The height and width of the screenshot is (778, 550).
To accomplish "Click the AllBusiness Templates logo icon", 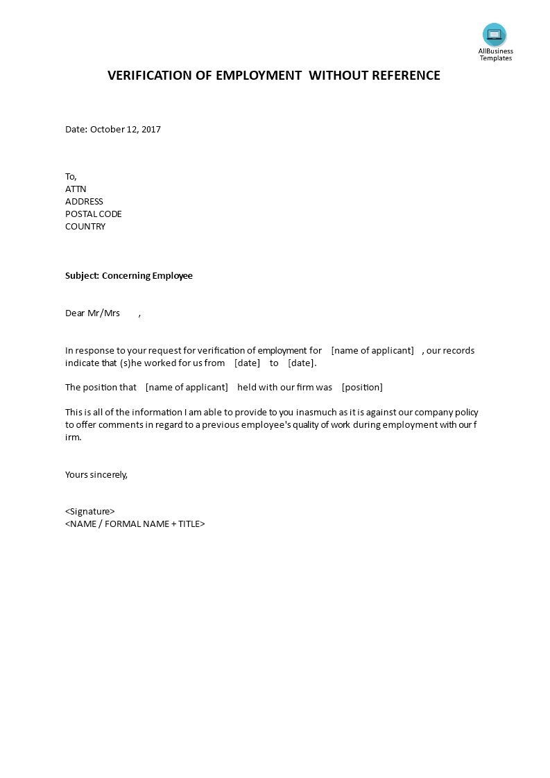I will coord(495,35).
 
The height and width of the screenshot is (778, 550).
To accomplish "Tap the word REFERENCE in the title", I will coord(402,76).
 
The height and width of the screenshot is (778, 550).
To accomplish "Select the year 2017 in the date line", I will coord(151,129).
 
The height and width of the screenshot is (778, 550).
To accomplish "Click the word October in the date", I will coord(108,129).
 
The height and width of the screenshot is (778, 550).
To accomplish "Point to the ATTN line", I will coord(76,189).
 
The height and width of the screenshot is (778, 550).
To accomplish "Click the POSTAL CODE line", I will coord(94,214).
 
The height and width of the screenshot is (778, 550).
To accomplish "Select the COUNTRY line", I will coord(85,226).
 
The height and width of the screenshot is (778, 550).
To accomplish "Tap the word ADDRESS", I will coord(84,201).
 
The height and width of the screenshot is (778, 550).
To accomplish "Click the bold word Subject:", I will coord(83,275).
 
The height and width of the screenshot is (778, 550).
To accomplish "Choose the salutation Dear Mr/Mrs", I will coord(92,313).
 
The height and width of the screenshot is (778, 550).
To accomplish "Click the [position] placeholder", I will coord(362,387).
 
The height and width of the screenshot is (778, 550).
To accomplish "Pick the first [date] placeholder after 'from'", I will coord(247,363).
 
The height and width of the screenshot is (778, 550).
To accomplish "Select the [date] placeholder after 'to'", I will coord(301,363).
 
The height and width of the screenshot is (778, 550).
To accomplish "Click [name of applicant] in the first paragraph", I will coord(372,350).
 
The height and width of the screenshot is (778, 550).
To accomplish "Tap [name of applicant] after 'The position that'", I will coord(187,387).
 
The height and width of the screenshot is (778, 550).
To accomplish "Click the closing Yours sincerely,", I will coord(96,474).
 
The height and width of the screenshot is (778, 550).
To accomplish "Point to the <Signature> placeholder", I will coord(90,511).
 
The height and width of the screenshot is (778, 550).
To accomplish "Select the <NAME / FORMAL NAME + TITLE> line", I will coord(135,524).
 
